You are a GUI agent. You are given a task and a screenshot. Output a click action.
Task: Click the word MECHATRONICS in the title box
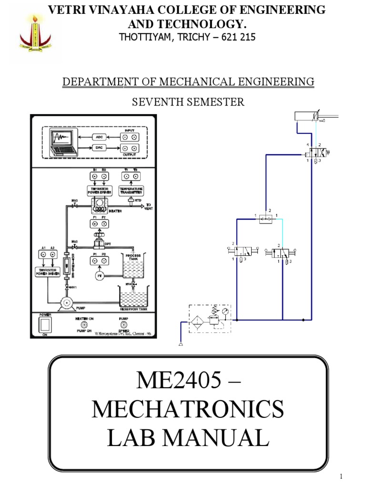(x=188, y=410)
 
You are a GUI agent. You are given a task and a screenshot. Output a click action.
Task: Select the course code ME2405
(x=180, y=381)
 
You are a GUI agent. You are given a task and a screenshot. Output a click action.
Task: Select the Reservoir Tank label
(x=132, y=309)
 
